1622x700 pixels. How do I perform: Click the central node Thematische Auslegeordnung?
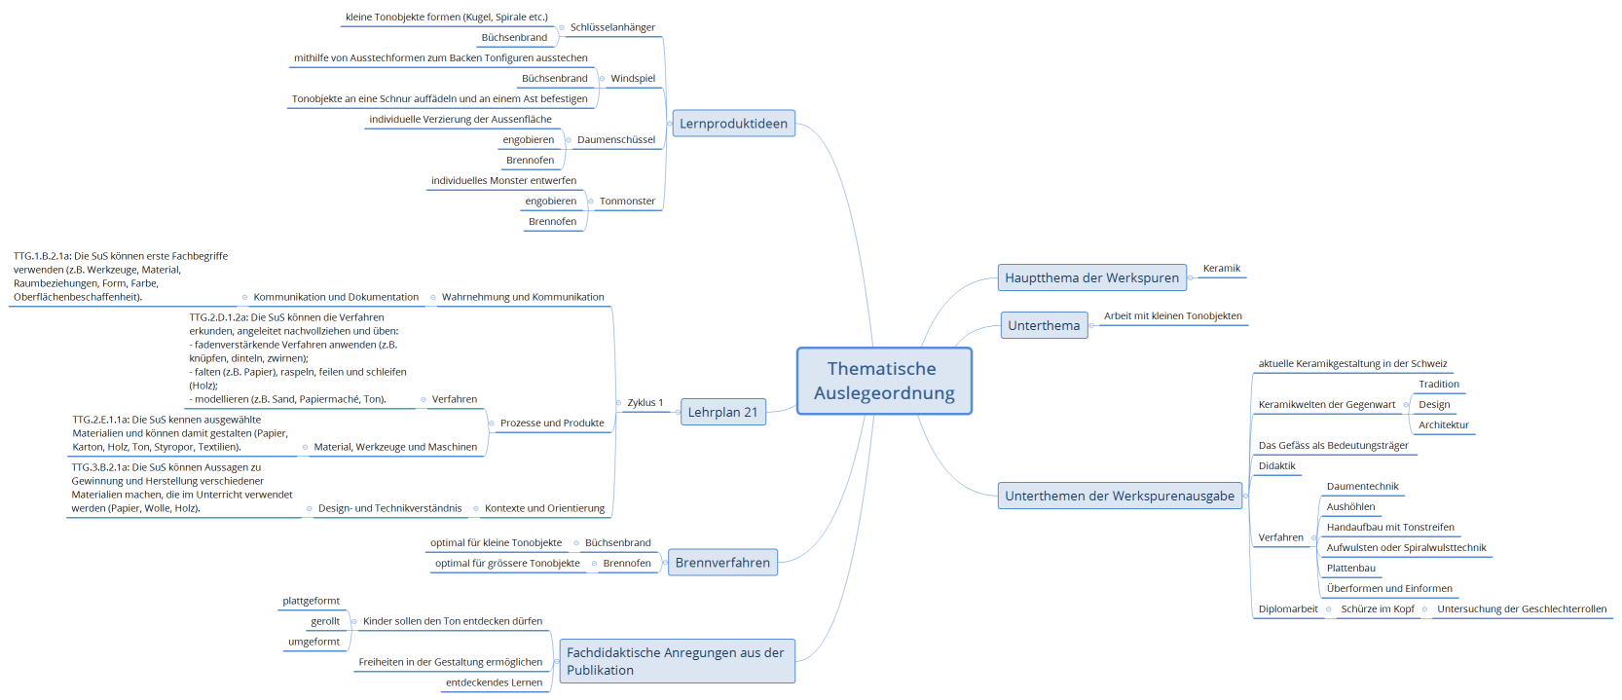pyautogui.click(x=884, y=381)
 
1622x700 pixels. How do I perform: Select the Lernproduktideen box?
pyautogui.click(x=733, y=124)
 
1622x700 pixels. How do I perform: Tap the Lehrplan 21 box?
pyautogui.click(x=722, y=412)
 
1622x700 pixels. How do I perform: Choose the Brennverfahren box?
pyautogui.click(x=722, y=563)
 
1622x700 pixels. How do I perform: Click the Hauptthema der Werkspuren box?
pyautogui.click(x=1091, y=277)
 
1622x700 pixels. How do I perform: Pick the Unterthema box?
pyautogui.click(x=1044, y=325)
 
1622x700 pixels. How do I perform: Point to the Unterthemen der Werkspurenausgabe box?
pyautogui.click(x=1120, y=496)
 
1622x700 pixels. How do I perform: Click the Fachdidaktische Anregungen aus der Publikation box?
pyautogui.click(x=676, y=661)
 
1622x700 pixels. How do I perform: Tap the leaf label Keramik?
pyautogui.click(x=1221, y=269)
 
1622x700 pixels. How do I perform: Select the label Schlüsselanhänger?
pyautogui.click(x=612, y=27)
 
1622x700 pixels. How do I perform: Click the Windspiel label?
pyautogui.click(x=633, y=79)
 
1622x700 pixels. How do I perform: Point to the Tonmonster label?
pyautogui.click(x=627, y=202)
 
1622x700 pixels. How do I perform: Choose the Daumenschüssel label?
pyautogui.click(x=616, y=140)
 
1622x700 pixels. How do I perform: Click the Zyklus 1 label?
pyautogui.click(x=645, y=402)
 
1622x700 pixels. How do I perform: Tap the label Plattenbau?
pyautogui.click(x=1350, y=569)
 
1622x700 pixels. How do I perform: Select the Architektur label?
pyautogui.click(x=1443, y=425)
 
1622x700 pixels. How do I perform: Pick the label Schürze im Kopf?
pyautogui.click(x=1377, y=609)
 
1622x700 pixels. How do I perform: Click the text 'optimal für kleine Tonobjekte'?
pyautogui.click(x=496, y=543)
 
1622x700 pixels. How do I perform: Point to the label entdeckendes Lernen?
pyautogui.click(x=494, y=682)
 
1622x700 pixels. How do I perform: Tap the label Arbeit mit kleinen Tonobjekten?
pyautogui.click(x=1172, y=316)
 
